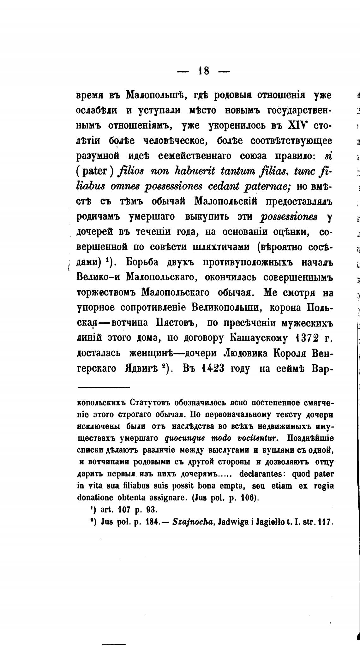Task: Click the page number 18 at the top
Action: [203, 71]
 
